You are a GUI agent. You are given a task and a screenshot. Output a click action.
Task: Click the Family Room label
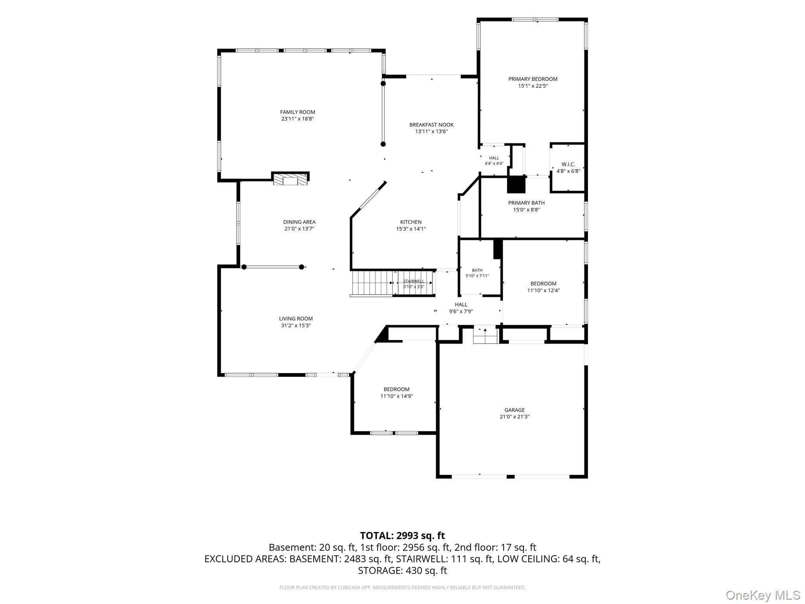pyautogui.click(x=298, y=112)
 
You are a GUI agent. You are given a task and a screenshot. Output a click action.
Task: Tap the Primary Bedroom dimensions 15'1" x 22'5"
pyautogui.click(x=533, y=86)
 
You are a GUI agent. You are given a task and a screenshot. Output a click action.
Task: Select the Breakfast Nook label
pyautogui.click(x=431, y=125)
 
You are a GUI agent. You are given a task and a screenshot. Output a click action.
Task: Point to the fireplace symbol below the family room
pyautogui.click(x=290, y=179)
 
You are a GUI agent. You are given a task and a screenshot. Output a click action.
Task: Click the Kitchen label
pyautogui.click(x=411, y=222)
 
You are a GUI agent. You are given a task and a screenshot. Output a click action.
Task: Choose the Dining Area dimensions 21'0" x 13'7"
pyautogui.click(x=299, y=228)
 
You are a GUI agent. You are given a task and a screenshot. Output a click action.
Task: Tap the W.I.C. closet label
pyautogui.click(x=568, y=164)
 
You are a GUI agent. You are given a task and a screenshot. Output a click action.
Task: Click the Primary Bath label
pyautogui.click(x=526, y=203)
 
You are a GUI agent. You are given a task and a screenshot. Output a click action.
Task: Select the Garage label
pyautogui.click(x=515, y=410)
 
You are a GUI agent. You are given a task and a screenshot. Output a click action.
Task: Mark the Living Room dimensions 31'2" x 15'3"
pyautogui.click(x=296, y=325)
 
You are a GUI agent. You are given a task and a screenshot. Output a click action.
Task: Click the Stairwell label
pyautogui.click(x=414, y=281)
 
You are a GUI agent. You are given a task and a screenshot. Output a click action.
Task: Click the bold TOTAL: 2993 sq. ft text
pyautogui.click(x=402, y=536)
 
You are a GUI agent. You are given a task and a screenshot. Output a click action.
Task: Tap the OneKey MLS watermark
pyautogui.click(x=763, y=595)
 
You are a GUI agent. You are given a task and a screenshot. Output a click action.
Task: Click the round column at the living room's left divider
pyautogui.click(x=244, y=267)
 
